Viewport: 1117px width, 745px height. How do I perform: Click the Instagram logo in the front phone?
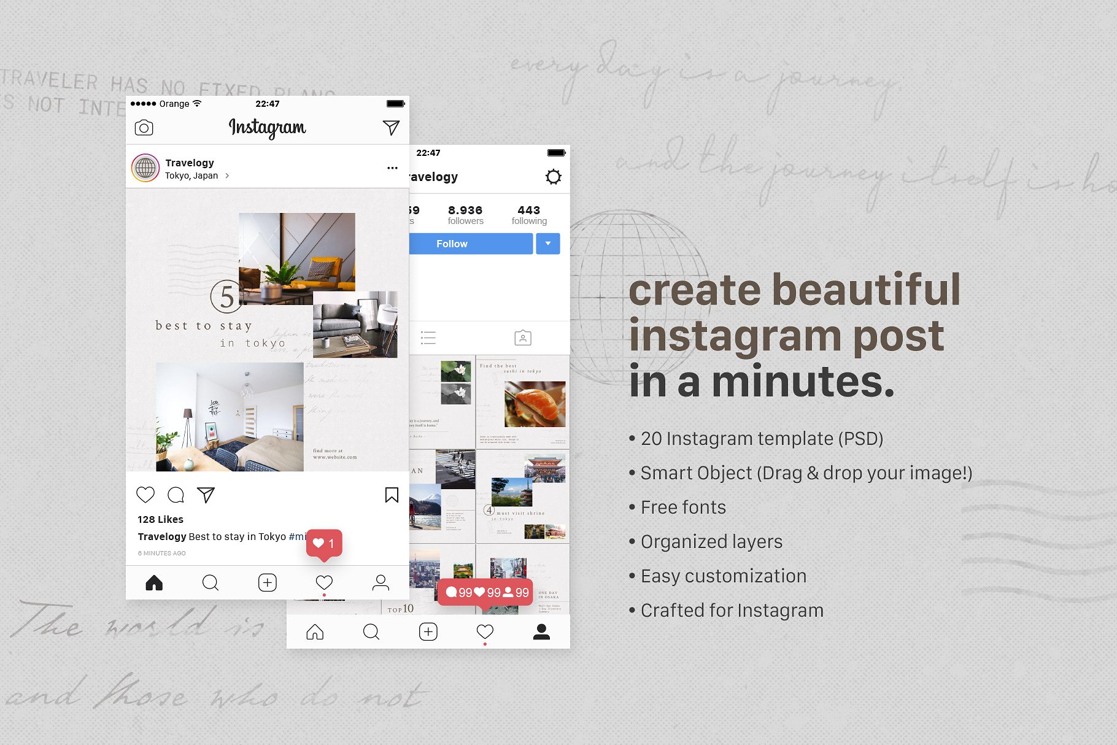pyautogui.click(x=267, y=128)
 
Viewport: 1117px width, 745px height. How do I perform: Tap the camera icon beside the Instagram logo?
pyautogui.click(x=144, y=128)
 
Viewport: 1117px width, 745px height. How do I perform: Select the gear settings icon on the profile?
pyautogui.click(x=553, y=177)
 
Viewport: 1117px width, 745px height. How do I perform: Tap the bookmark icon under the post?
pyautogui.click(x=392, y=495)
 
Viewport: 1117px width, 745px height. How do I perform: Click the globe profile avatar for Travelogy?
pyautogui.click(x=145, y=168)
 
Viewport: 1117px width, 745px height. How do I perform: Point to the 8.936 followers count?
pyautogui.click(x=465, y=215)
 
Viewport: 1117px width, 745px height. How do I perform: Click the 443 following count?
pyautogui.click(x=528, y=215)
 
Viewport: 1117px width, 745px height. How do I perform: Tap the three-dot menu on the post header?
pyautogui.click(x=392, y=168)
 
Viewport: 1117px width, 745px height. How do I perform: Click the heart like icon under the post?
pyautogui.click(x=145, y=495)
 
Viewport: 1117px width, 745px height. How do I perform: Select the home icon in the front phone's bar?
pyautogui.click(x=154, y=582)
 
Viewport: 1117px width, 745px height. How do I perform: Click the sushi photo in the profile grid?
pyautogui.click(x=534, y=403)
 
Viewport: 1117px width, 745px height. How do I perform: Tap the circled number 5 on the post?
pyautogui.click(x=226, y=297)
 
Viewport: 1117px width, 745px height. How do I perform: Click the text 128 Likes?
pyautogui.click(x=160, y=519)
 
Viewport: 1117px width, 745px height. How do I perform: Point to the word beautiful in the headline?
pyautogui.click(x=865, y=290)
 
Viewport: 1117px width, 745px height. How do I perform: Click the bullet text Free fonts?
pyautogui.click(x=683, y=508)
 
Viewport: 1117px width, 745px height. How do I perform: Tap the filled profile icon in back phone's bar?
pyautogui.click(x=541, y=631)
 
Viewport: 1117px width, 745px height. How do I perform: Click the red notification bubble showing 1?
pyautogui.click(x=324, y=544)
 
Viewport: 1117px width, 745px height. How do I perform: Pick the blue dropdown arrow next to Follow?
pyautogui.click(x=548, y=244)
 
